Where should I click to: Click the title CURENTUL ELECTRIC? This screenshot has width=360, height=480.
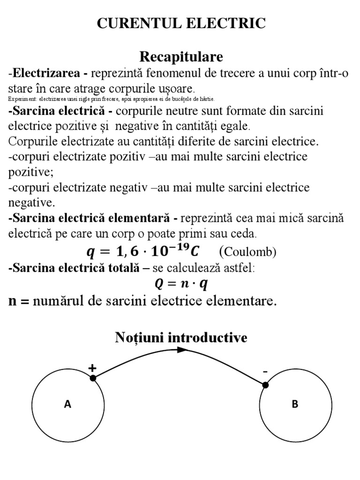[181, 23]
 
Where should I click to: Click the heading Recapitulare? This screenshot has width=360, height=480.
[181, 57]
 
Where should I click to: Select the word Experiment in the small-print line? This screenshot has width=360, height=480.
[22, 99]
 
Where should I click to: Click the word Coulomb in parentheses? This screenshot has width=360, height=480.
[248, 252]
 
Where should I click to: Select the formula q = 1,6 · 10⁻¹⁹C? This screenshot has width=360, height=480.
[142, 252]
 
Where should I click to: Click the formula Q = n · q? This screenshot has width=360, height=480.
[181, 284]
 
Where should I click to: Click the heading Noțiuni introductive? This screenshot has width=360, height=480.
[181, 337]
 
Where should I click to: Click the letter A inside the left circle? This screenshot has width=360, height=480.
[67, 404]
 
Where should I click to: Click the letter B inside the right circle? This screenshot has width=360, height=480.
[295, 404]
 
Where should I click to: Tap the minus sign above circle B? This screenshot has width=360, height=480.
[265, 372]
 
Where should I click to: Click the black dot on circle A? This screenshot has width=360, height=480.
[93, 378]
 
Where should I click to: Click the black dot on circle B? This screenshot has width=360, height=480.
[265, 385]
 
